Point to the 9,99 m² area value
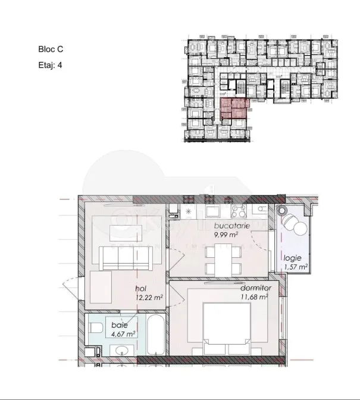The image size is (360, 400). pyautogui.click(x=226, y=235)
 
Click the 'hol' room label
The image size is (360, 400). pyautogui.click(x=141, y=289)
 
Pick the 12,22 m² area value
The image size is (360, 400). pyautogui.click(x=148, y=297)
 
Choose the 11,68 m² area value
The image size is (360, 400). pyautogui.click(x=254, y=296)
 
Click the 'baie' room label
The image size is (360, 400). pyautogui.click(x=119, y=326)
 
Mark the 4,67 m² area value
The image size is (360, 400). pyautogui.click(x=123, y=334)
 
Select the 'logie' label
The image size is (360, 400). pyautogui.click(x=293, y=258)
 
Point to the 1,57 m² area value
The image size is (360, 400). pyautogui.click(x=295, y=267)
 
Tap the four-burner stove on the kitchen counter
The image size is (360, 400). pyautogui.click(x=239, y=211)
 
